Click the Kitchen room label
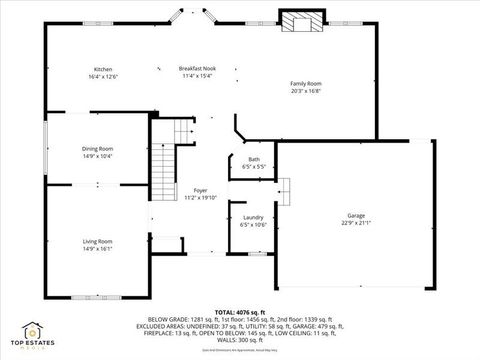[x=102, y=69]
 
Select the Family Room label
[x=306, y=83]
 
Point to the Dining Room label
[x=97, y=149]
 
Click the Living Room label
[x=97, y=241]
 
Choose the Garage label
[x=356, y=216]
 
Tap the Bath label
[x=253, y=159]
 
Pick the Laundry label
[x=253, y=217]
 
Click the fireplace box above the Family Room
[x=301, y=22]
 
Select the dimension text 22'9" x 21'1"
[x=356, y=224]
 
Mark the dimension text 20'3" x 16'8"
[x=306, y=90]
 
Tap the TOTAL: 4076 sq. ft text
[x=239, y=312]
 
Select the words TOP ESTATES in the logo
[x=33, y=346]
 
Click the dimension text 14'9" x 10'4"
[x=97, y=156]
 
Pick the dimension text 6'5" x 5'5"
[x=253, y=166]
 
